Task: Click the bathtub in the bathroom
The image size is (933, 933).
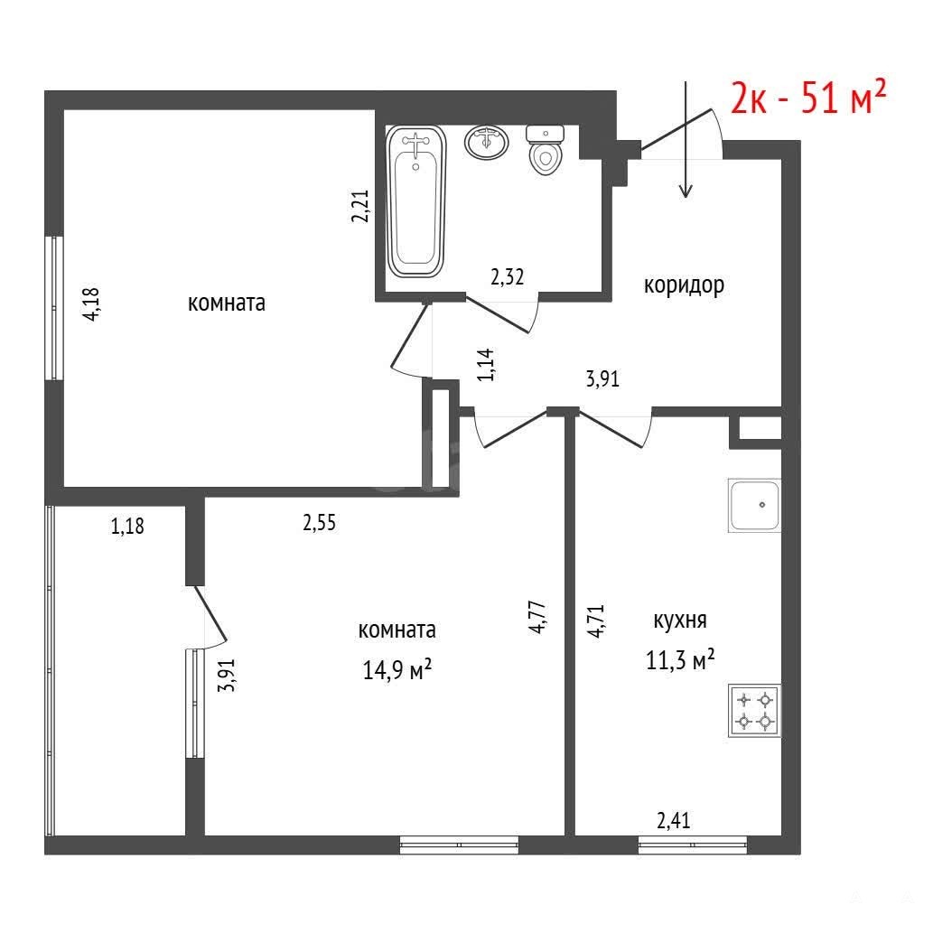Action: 416,201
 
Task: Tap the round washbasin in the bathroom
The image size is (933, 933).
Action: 487,142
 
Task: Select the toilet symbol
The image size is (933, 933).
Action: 546,150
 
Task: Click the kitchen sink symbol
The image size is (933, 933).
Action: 754,505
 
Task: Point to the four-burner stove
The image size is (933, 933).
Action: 754,711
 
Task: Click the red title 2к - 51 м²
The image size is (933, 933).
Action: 808,97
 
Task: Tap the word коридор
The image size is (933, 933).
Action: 684,285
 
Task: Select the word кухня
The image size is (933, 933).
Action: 680,620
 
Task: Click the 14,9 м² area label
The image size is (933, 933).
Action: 397,670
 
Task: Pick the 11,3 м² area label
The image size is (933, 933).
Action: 680,660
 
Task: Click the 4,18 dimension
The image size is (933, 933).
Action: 93,304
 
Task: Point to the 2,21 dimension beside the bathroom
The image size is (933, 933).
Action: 360,206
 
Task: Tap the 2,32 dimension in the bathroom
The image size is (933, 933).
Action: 507,276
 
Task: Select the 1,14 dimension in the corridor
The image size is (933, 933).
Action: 486,364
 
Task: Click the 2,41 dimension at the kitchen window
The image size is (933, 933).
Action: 674,820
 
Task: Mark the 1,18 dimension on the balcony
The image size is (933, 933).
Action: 127,526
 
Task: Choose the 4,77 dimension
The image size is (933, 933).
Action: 537,617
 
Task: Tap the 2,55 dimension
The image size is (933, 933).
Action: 320,522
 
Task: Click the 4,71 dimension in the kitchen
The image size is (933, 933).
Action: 596,621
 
